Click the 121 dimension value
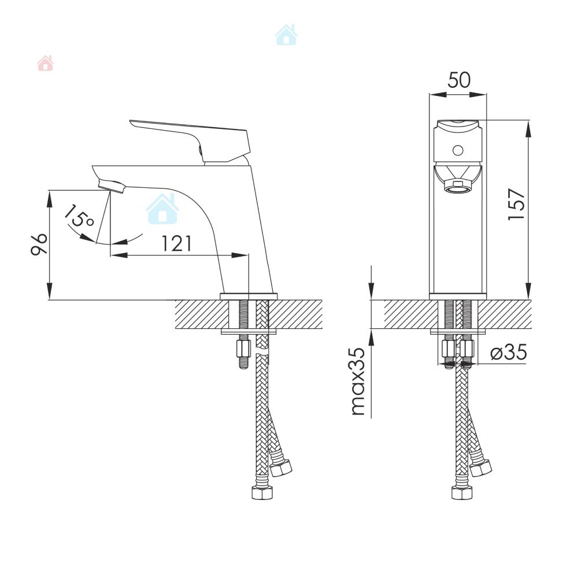[177, 244]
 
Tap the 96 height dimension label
[39, 244]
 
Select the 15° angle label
[79, 216]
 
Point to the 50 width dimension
[459, 80]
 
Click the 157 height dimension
[516, 205]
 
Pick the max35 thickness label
[358, 381]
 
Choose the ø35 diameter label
[509, 353]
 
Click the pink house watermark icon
[45, 63]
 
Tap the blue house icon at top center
[286, 35]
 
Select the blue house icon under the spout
[162, 209]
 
